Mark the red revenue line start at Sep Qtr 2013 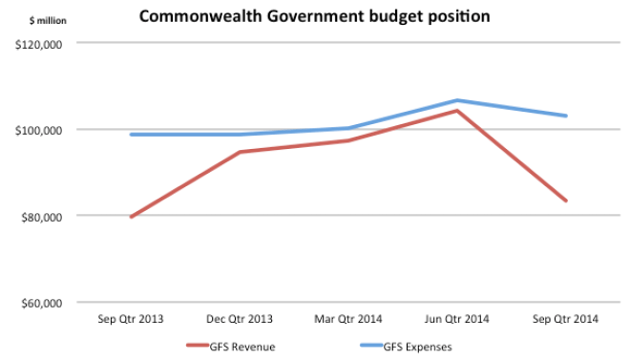pos(131,217)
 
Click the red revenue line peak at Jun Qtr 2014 pos(457,111)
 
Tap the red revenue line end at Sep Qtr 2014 pos(566,201)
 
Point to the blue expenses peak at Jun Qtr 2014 pos(457,100)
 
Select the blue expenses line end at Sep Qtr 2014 pos(566,116)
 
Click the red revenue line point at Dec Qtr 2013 pos(240,152)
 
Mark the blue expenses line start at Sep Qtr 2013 pos(131,135)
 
